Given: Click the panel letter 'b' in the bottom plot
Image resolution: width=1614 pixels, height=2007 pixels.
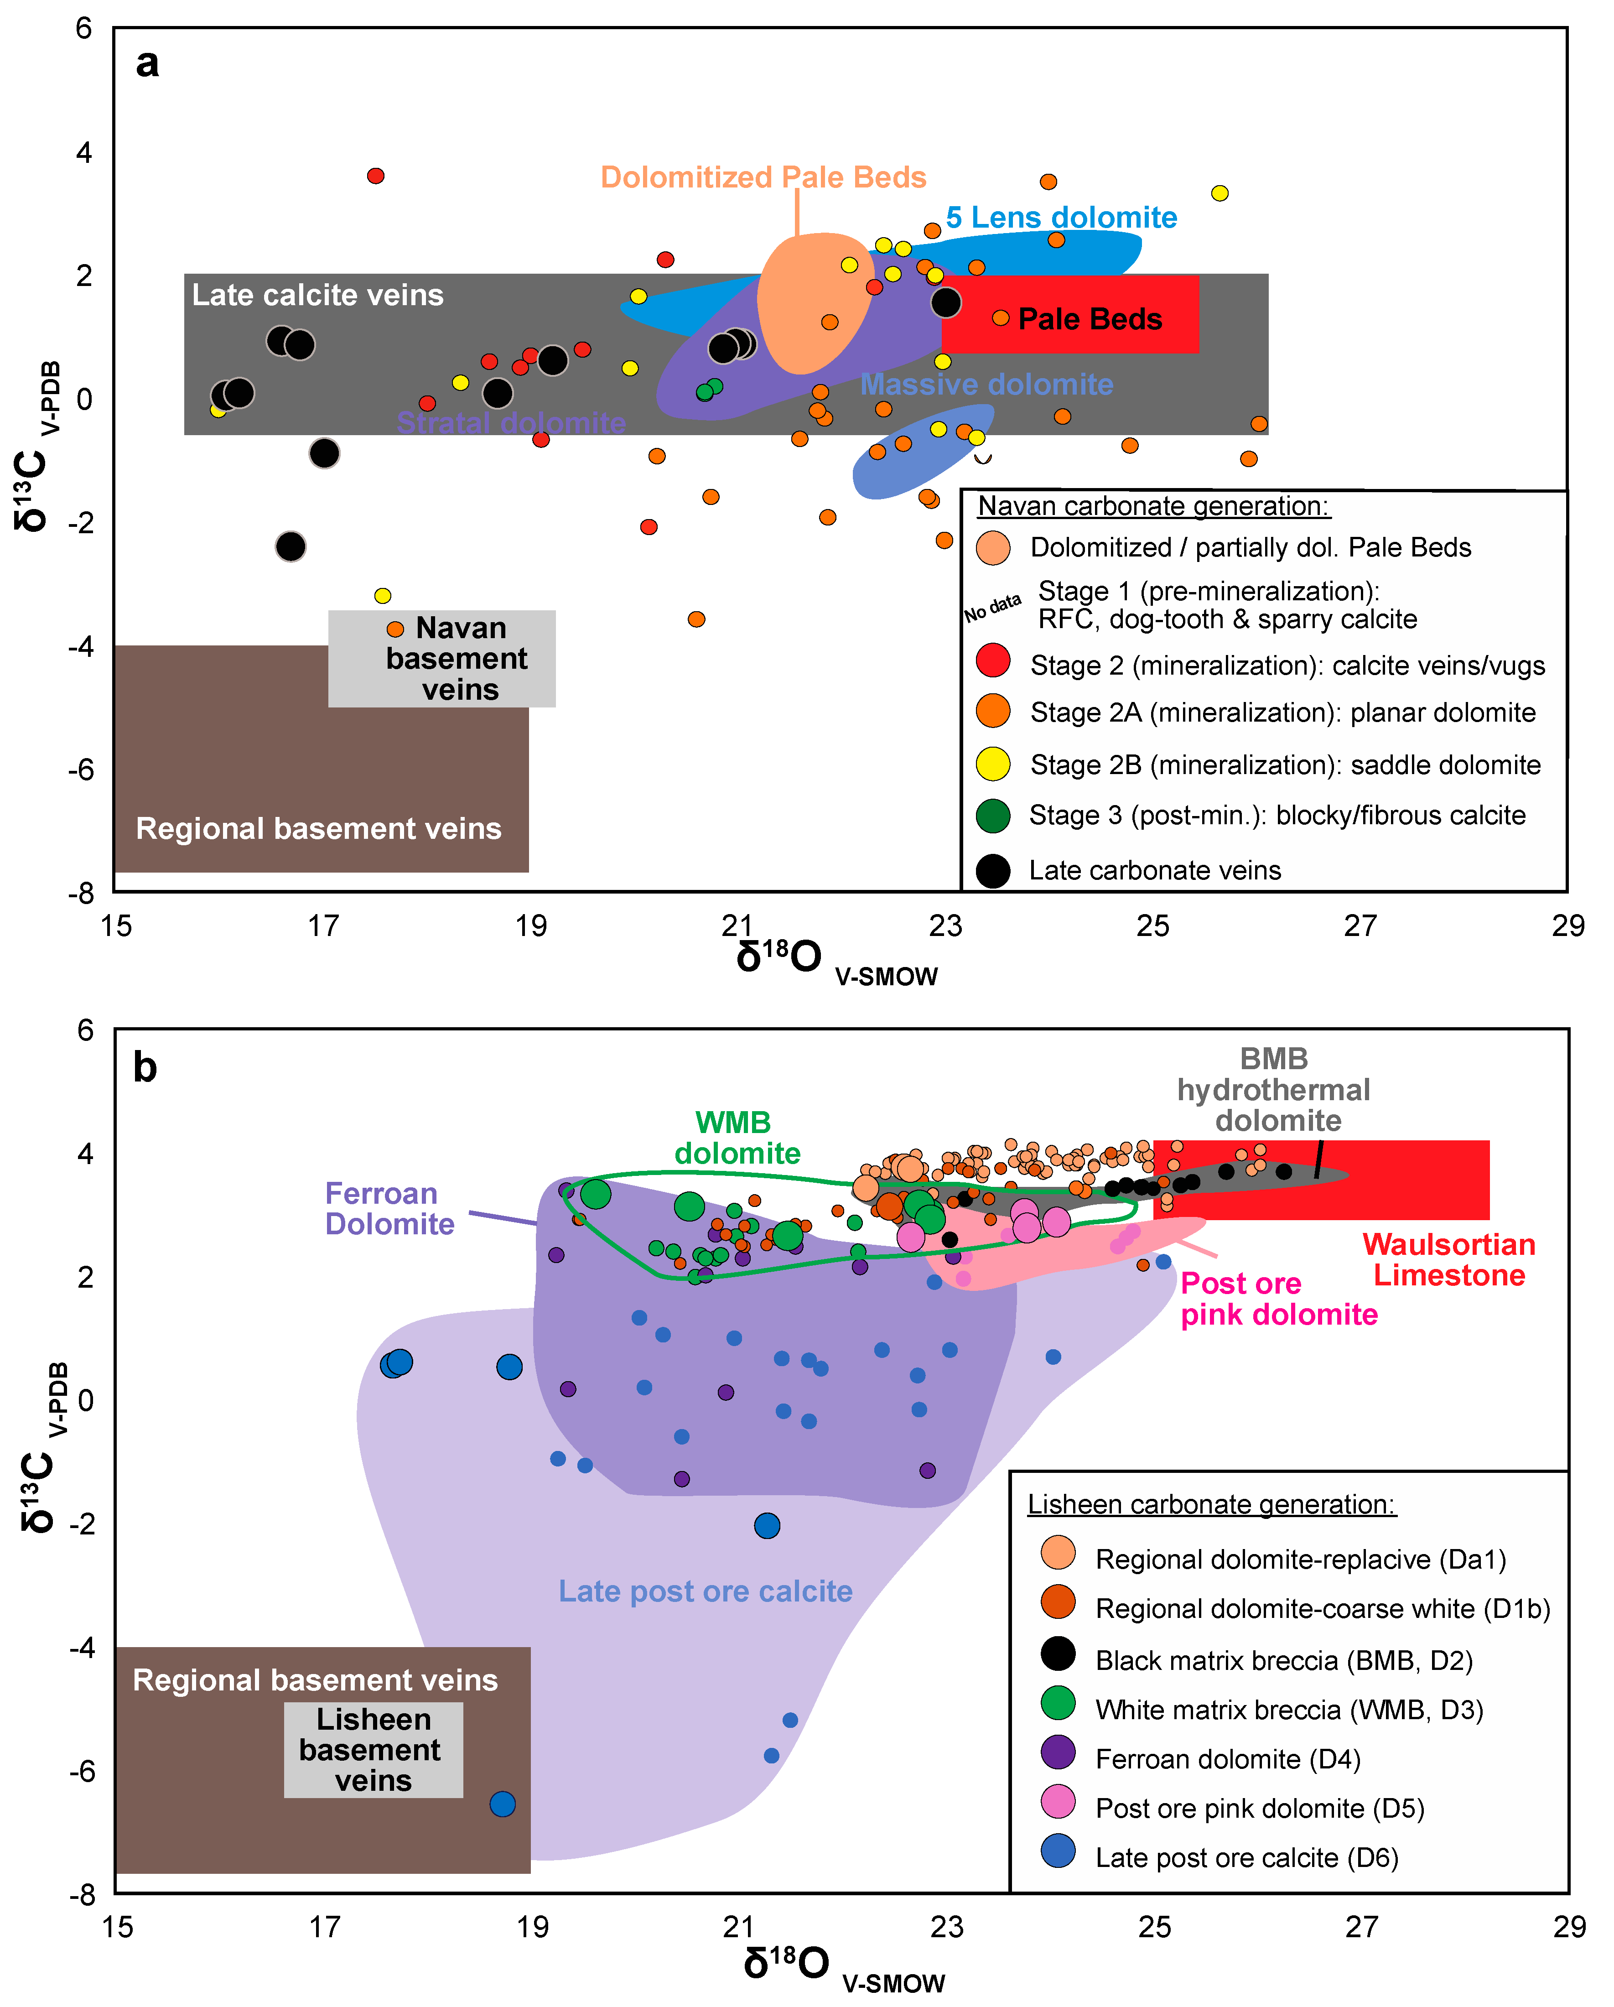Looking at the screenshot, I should (x=145, y=1067).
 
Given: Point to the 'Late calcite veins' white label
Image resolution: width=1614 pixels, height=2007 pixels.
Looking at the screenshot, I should (x=317, y=295).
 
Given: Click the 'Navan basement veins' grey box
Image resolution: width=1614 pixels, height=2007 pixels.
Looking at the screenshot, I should (x=442, y=658).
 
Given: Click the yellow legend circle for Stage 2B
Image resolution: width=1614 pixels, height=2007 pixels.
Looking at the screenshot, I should (x=993, y=764).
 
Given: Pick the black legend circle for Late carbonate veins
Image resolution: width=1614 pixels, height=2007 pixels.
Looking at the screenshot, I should (x=993, y=870).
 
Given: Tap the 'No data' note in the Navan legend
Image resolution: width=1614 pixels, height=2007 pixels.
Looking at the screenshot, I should (x=992, y=607).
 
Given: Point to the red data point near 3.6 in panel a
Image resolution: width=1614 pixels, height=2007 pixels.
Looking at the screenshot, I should (x=376, y=176).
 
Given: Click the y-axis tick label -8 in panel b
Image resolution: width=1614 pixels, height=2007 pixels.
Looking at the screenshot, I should (x=82, y=1893).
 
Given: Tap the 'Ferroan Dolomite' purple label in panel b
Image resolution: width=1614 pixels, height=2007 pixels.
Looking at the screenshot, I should (x=389, y=1208).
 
